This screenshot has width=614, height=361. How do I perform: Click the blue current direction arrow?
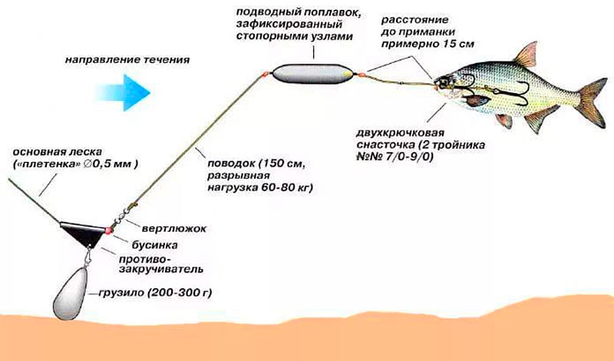pyautogui.click(x=124, y=92)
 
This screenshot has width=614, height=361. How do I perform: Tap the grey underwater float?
pyautogui.click(x=312, y=74)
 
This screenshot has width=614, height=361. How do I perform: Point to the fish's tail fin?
pyautogui.click(x=593, y=103)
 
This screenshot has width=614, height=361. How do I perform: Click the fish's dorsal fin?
pyautogui.click(x=526, y=54)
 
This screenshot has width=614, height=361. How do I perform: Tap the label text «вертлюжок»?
pyautogui.click(x=174, y=229)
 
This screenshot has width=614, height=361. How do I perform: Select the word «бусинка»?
pyautogui.click(x=154, y=245)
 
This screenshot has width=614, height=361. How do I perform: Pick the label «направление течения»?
pyautogui.click(x=127, y=60)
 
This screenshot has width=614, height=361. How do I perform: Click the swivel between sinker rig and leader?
pyautogui.click(x=121, y=217)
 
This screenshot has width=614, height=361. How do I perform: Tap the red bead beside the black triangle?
pyautogui.click(x=108, y=230)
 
